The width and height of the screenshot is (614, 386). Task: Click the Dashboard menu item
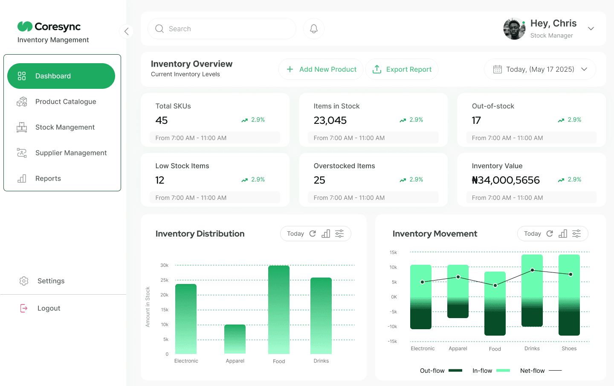point(61,76)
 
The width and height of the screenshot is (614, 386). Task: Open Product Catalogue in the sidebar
point(65,102)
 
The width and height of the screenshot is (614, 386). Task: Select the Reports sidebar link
point(48,178)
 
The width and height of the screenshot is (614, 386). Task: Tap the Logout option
point(49,308)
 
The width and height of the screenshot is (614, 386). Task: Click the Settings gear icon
point(24,281)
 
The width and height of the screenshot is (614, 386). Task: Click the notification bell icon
point(314,29)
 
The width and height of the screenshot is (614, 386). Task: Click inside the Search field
point(222,29)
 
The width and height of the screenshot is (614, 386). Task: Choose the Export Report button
point(402,69)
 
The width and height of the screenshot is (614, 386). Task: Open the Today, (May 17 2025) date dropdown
point(540,69)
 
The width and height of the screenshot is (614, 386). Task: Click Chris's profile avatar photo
point(514,29)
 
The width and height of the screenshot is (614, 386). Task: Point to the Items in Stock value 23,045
point(330,120)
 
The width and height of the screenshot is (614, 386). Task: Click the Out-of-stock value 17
point(476,120)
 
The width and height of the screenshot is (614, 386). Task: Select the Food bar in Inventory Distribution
point(279,310)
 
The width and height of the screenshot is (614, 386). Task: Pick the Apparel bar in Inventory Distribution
point(235,339)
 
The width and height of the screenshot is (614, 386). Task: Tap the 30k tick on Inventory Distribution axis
point(164,265)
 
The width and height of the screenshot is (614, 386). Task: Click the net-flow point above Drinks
point(532,270)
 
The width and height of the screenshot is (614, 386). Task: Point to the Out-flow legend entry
point(440,371)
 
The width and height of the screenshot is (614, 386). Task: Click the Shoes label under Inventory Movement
point(569,348)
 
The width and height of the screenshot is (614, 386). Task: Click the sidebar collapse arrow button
point(126,31)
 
